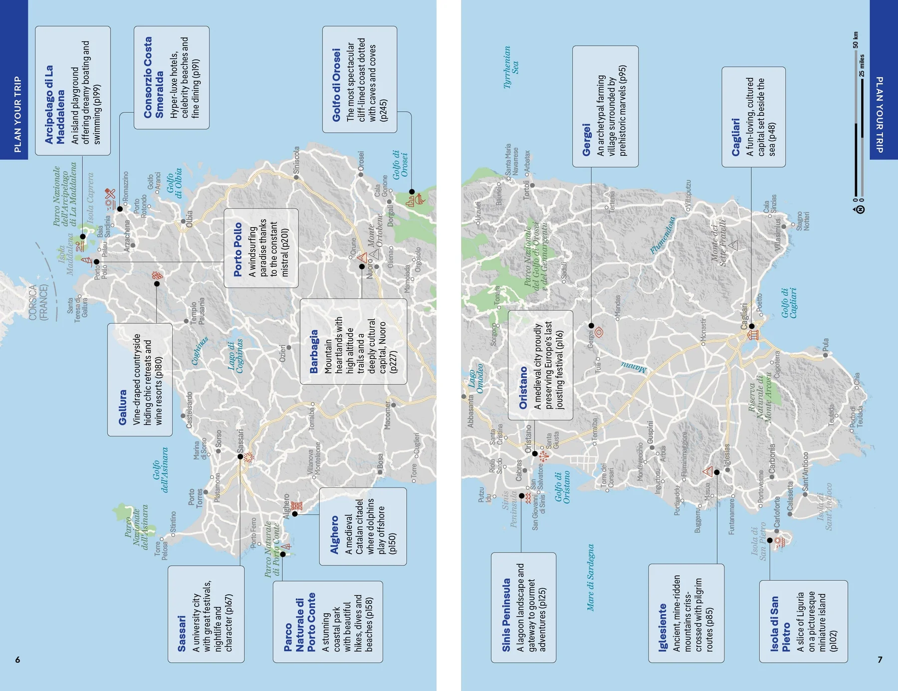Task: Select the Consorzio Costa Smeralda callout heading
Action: point(153,77)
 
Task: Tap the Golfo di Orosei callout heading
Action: point(336,85)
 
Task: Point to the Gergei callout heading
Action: point(586,140)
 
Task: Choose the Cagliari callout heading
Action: point(735,137)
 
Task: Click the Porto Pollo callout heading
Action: point(237,249)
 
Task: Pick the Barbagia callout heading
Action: point(313,351)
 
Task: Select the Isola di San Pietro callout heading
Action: point(780,624)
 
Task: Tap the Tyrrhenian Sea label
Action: point(511,67)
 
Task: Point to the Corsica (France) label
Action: point(38,302)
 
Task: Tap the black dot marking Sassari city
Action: point(240,457)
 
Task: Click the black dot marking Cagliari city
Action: point(751,326)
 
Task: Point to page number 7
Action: point(880,660)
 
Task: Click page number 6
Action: point(17,660)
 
